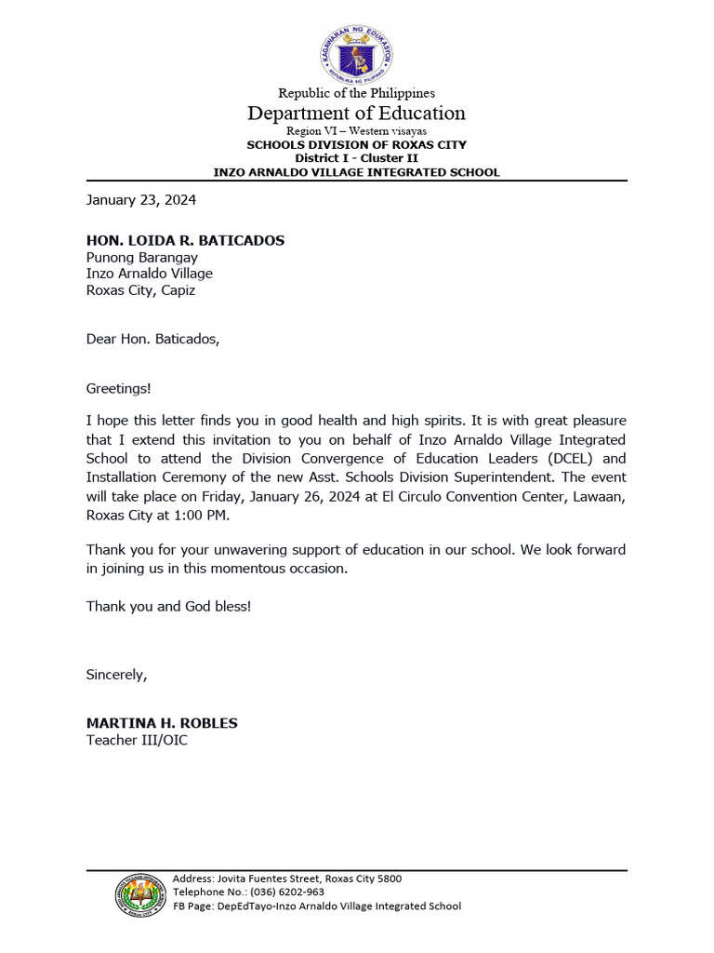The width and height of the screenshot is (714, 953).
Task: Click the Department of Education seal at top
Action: click(356, 53)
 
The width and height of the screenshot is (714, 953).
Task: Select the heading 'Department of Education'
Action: click(356, 114)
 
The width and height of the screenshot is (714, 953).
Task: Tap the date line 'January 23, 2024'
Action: click(141, 199)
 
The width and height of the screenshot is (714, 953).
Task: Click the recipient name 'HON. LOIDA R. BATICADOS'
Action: click(185, 240)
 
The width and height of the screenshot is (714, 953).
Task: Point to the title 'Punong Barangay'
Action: click(141, 257)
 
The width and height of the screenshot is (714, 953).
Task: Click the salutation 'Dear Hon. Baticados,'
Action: click(153, 339)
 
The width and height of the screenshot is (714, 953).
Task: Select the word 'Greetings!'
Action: click(118, 387)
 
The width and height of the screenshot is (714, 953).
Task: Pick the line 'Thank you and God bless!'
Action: click(168, 606)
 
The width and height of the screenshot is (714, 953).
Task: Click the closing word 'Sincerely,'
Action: click(116, 674)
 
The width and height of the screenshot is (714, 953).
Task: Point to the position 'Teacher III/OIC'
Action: click(137, 741)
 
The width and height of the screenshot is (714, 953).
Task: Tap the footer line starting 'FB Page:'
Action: click(316, 906)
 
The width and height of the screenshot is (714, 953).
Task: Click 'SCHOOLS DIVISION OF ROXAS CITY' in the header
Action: click(356, 145)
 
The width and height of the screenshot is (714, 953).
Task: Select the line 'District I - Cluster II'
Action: click(356, 158)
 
